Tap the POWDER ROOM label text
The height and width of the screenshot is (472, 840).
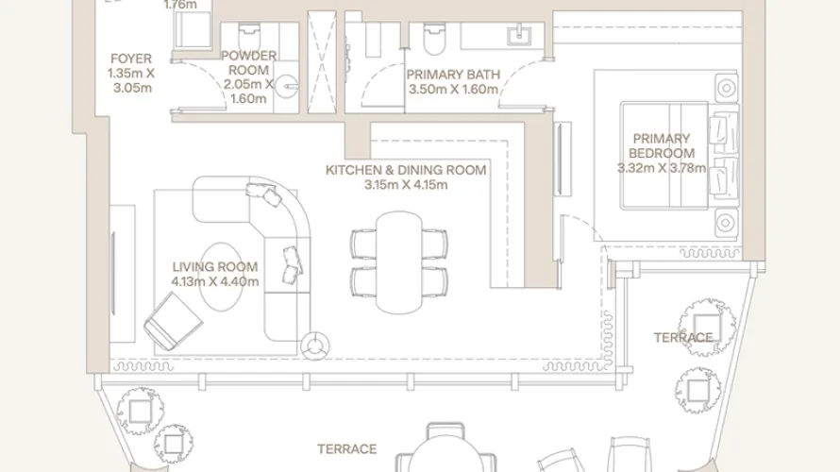coord(249,56)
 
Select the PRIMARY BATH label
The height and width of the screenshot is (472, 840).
coord(445,73)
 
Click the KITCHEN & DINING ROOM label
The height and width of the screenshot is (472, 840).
coord(406,170)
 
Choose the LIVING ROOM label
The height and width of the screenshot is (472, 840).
coord(214,267)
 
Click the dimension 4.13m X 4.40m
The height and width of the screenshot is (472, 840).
coord(214,281)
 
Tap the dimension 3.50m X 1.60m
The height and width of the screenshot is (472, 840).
coord(445,89)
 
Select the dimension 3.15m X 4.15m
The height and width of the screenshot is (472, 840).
coord(406,185)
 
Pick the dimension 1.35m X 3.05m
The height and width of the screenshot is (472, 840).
coord(129,78)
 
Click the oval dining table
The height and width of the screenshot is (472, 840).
coord(397,262)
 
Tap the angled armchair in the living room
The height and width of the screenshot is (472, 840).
coord(172,320)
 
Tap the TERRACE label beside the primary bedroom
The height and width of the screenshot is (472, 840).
coord(683,337)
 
